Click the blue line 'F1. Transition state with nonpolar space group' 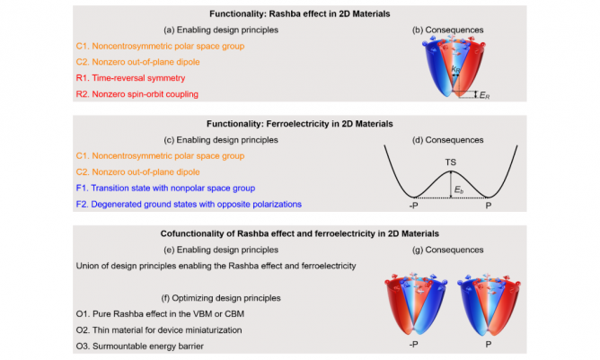tap(166, 189)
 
